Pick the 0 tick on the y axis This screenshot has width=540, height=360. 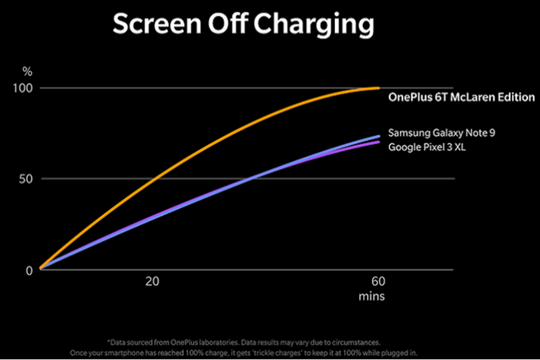click(x=30, y=270)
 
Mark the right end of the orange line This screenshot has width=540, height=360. click(x=379, y=88)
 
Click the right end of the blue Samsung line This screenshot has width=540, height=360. click(x=379, y=136)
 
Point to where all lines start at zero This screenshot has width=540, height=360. click(x=40, y=269)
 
